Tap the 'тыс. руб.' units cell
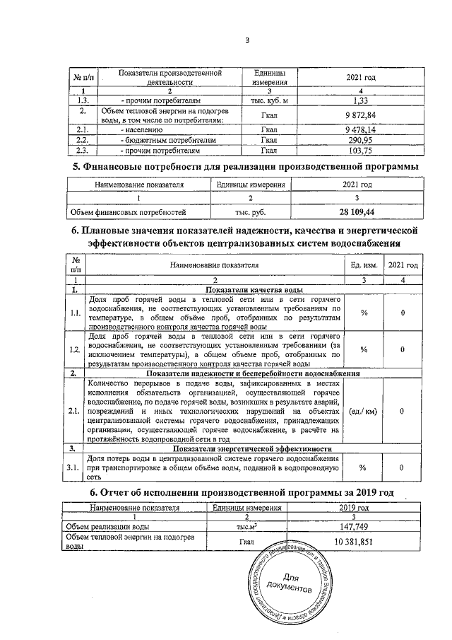[x=251, y=211]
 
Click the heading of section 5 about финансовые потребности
[x=246, y=166]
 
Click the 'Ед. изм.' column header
[x=364, y=264]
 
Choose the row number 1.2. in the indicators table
[x=75, y=349]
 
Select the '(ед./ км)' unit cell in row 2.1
[x=364, y=410]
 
